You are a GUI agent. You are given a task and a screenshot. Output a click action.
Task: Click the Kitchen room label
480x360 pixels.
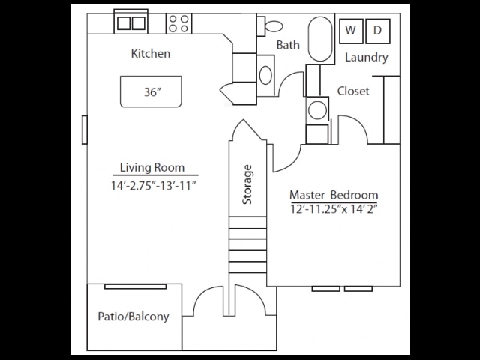click(x=151, y=54)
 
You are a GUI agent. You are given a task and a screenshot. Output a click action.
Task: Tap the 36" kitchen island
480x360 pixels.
click(x=151, y=93)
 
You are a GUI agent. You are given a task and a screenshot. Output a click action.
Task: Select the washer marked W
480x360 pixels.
click(x=350, y=31)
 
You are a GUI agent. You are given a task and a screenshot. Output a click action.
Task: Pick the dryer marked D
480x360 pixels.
click(x=378, y=31)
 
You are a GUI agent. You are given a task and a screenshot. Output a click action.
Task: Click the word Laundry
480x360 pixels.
click(x=367, y=58)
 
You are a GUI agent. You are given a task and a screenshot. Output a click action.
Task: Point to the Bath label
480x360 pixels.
click(x=288, y=45)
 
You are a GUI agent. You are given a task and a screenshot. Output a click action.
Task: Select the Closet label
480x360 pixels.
click(x=353, y=91)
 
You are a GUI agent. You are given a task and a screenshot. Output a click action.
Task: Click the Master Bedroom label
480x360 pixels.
click(x=333, y=195)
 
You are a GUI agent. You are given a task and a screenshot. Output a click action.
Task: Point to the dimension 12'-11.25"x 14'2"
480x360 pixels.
click(x=333, y=209)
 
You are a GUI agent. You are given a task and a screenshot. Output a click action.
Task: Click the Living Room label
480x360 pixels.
click(x=153, y=168)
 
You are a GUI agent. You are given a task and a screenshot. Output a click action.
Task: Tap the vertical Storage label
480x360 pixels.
click(x=247, y=184)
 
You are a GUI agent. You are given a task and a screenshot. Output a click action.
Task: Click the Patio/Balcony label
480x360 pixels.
click(x=133, y=316)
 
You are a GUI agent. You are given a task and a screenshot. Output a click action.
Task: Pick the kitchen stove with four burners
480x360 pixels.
click(x=178, y=24)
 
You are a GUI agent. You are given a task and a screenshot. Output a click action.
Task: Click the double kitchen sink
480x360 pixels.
click(x=130, y=23)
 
